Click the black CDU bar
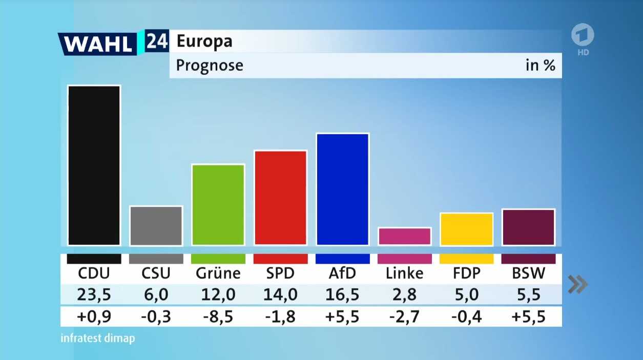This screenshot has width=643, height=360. click(x=94, y=165)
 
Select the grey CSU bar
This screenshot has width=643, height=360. click(x=156, y=226)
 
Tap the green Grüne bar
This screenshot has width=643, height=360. click(x=218, y=205)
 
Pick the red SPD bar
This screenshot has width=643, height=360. click(x=280, y=198)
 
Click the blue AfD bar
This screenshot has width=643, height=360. click(x=343, y=189)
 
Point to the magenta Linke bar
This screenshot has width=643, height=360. click(x=405, y=236)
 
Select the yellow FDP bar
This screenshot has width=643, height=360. click(x=467, y=229)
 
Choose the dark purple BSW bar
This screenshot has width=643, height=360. click(x=529, y=227)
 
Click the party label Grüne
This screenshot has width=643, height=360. click(x=218, y=273)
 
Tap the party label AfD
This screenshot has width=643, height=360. click(x=343, y=273)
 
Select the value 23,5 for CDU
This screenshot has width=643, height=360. click(x=94, y=295)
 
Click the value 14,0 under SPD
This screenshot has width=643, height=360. click(x=280, y=295)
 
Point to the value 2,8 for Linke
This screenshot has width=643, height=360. click(x=405, y=295)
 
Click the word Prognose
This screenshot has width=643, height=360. click(x=210, y=66)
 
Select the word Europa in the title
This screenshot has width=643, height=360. click(x=204, y=41)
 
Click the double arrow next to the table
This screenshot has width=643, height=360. click(x=577, y=284)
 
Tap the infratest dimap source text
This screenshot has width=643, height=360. click(x=98, y=338)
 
